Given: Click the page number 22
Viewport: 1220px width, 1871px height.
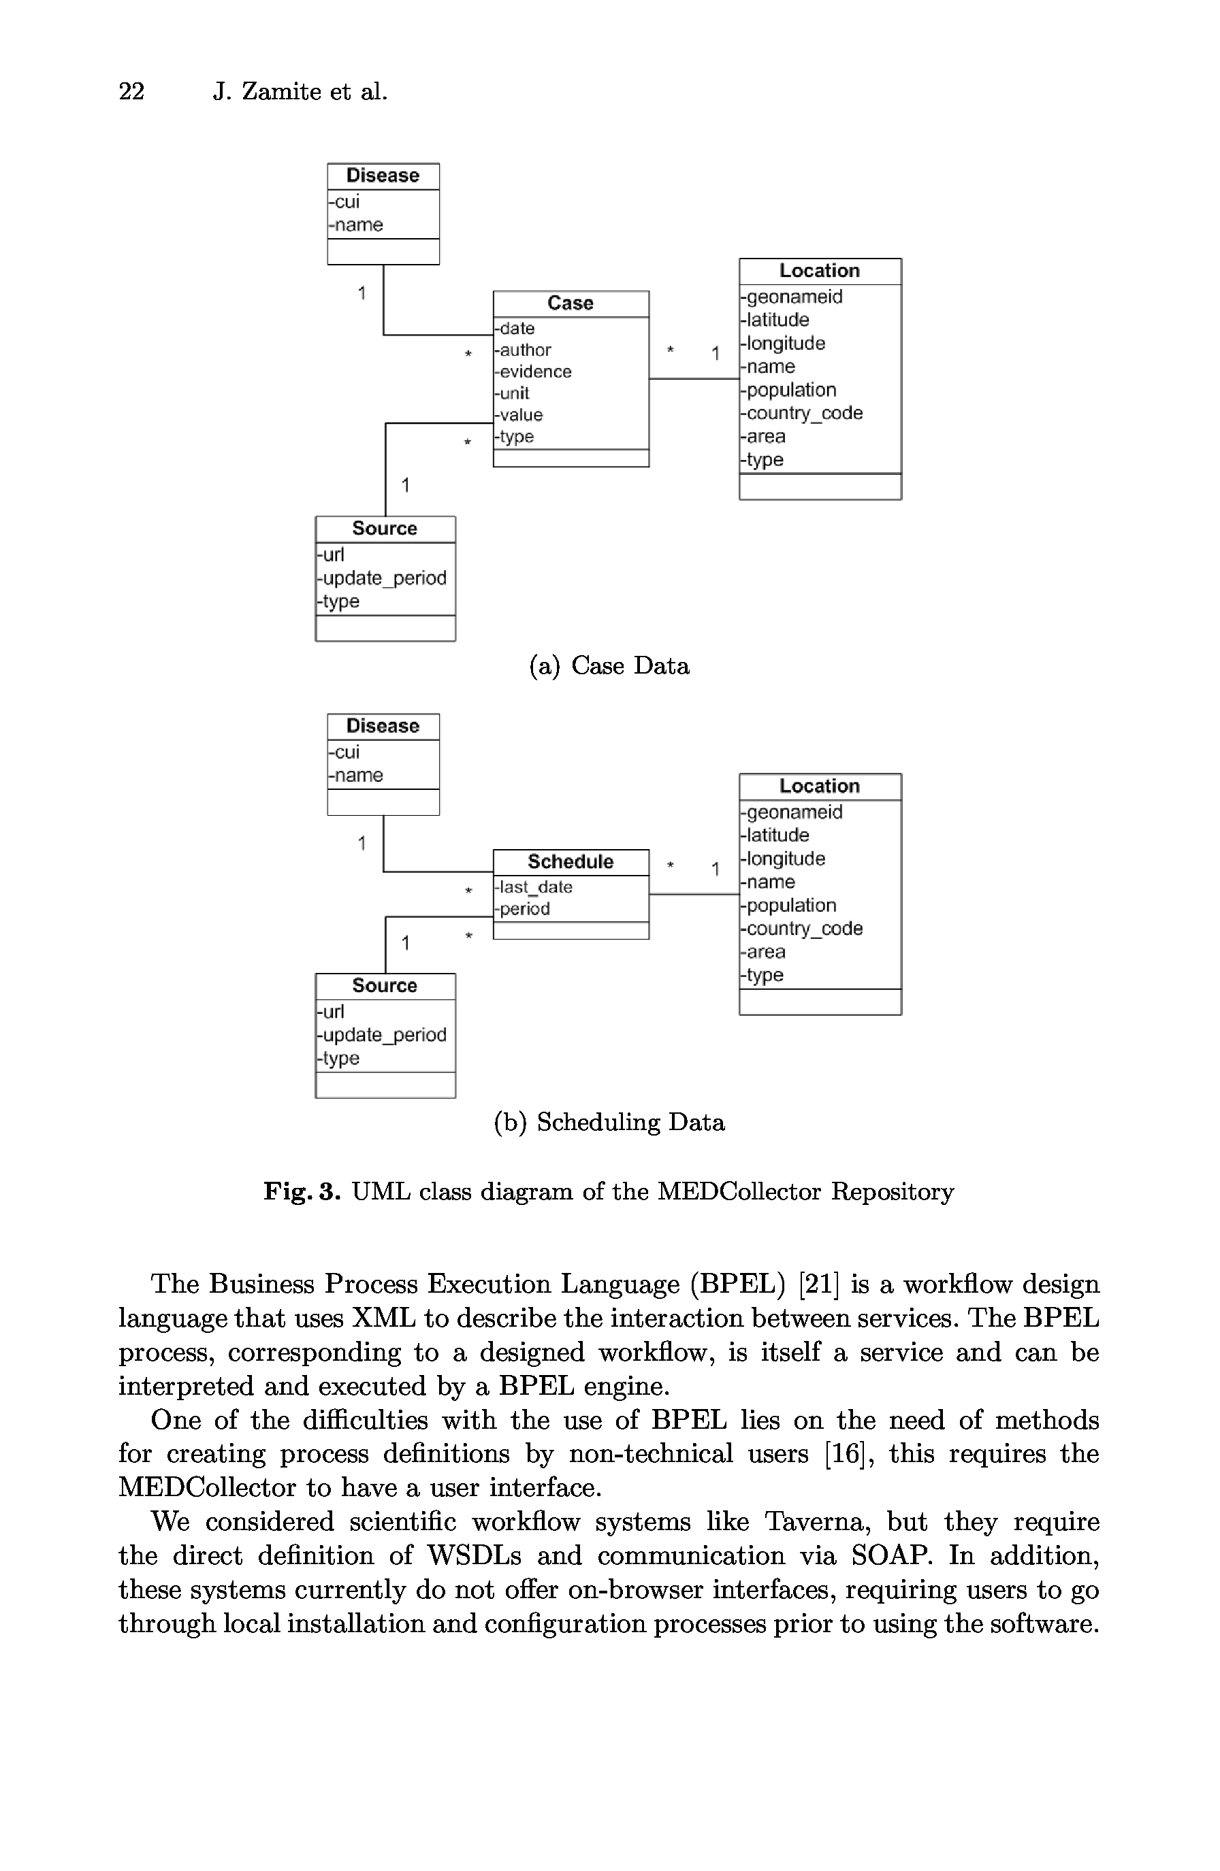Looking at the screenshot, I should click(131, 92).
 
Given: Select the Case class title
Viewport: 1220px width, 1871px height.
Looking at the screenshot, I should click(571, 303).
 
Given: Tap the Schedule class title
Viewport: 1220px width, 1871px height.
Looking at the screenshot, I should click(571, 861).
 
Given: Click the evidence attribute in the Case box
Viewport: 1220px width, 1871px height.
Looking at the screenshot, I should click(535, 372).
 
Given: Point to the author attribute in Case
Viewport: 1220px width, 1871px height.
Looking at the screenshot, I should click(525, 350).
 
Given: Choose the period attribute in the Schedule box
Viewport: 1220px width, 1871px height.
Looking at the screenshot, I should click(524, 909).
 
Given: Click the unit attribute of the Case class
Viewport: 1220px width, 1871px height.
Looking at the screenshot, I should click(513, 393).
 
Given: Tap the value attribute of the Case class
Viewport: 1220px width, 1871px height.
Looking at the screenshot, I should click(520, 415).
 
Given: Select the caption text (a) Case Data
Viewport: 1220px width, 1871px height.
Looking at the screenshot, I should click(609, 666).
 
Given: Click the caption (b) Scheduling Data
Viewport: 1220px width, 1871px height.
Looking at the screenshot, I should click(609, 1123).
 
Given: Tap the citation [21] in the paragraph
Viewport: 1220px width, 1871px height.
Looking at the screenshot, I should click(818, 1285).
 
